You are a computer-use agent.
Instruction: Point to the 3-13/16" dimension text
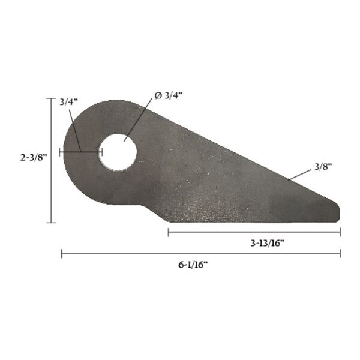[x=266, y=242]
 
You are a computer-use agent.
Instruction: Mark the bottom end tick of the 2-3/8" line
[x=52, y=223]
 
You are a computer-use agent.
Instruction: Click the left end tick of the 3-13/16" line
[x=169, y=232]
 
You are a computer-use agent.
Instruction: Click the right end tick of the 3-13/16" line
[x=340, y=232]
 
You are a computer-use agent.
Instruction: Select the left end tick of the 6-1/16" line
[x=62, y=254]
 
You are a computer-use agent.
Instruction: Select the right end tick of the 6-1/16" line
[x=340, y=254]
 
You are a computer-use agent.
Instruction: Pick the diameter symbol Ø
[x=158, y=96]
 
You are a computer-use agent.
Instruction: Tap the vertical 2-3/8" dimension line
[x=52, y=180]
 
